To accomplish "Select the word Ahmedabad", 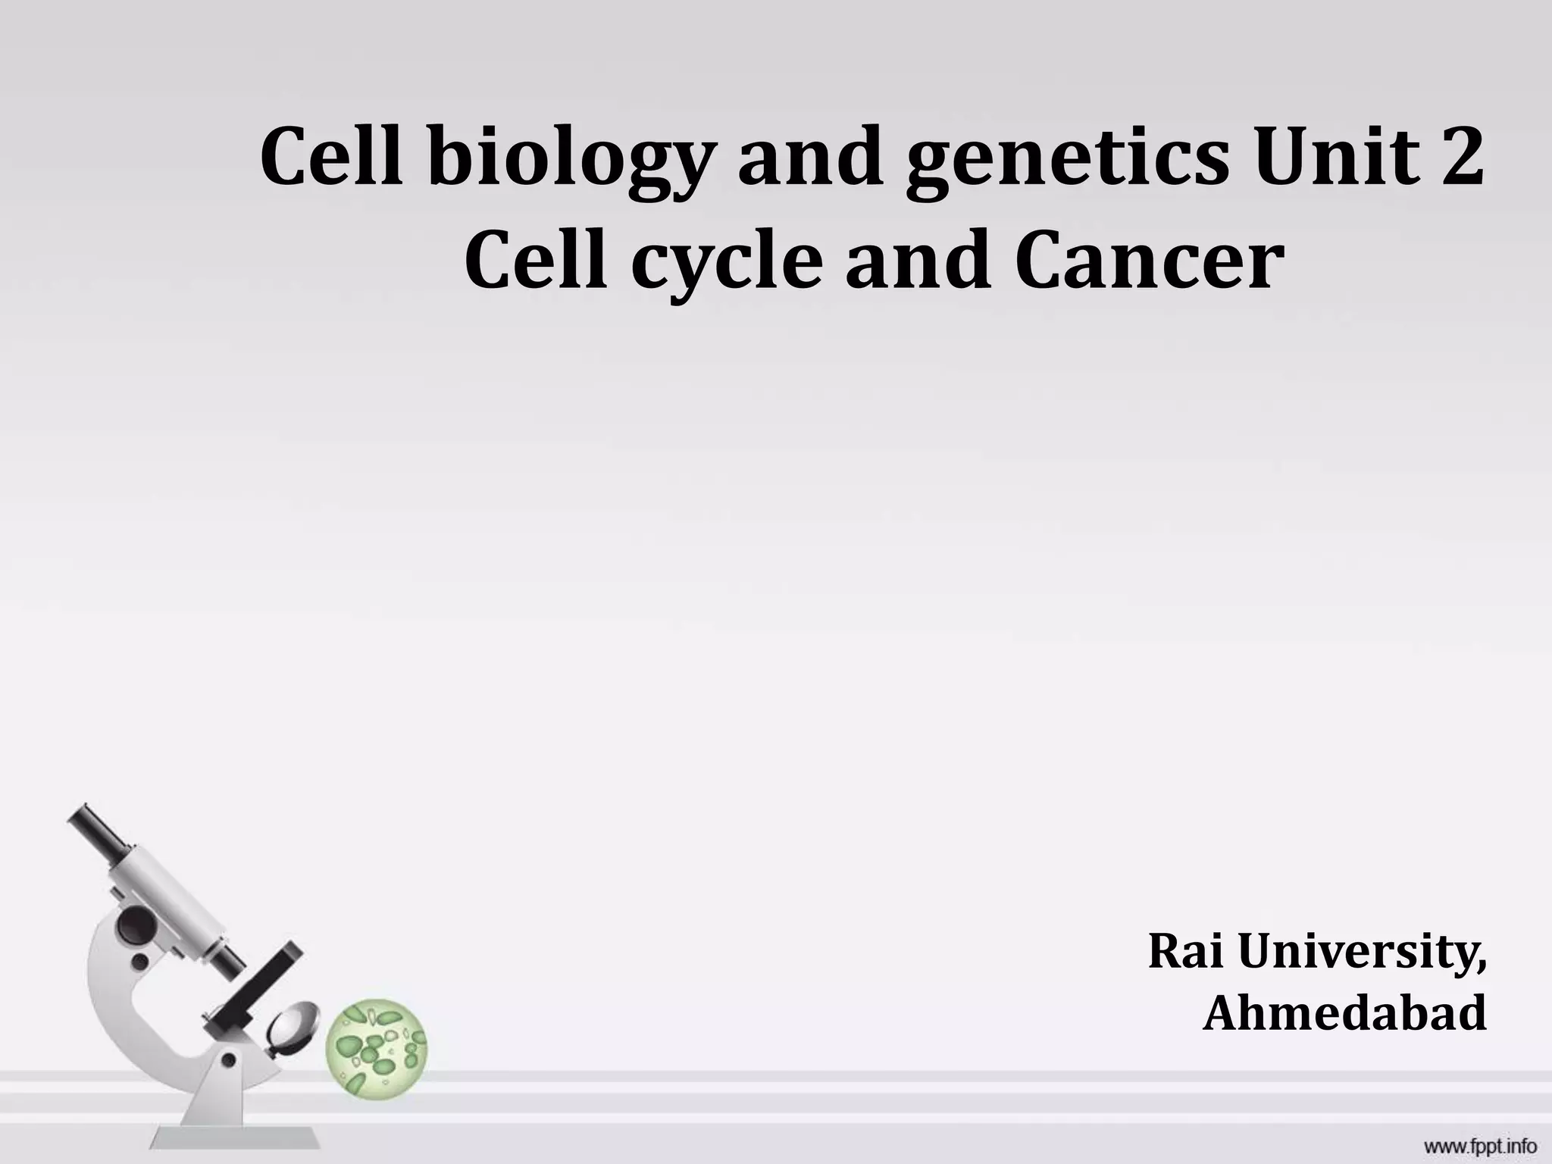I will click(x=1344, y=1013).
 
